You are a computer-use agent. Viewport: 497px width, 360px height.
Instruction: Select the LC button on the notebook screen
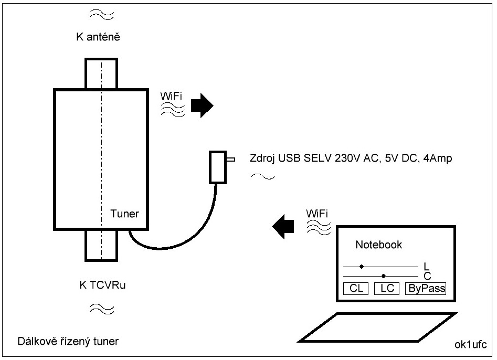pos(387,288)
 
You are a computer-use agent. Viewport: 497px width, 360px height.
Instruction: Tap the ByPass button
pos(425,288)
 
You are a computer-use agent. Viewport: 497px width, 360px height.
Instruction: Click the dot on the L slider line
pos(362,267)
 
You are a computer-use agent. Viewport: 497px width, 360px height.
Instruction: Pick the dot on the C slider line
pos(384,276)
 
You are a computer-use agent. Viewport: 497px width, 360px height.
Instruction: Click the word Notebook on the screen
pos(378,245)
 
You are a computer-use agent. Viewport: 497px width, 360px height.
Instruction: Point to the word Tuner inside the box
pos(124,214)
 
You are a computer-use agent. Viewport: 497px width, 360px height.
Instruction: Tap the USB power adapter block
pos(217,167)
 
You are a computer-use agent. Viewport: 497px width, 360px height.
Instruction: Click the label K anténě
pos(99,37)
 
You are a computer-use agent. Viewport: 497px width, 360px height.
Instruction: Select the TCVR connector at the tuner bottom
pos(102,245)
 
